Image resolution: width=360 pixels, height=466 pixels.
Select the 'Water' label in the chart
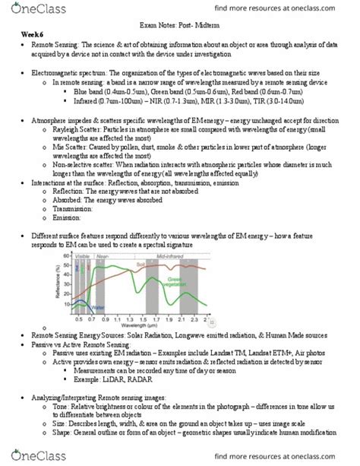[98, 307]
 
